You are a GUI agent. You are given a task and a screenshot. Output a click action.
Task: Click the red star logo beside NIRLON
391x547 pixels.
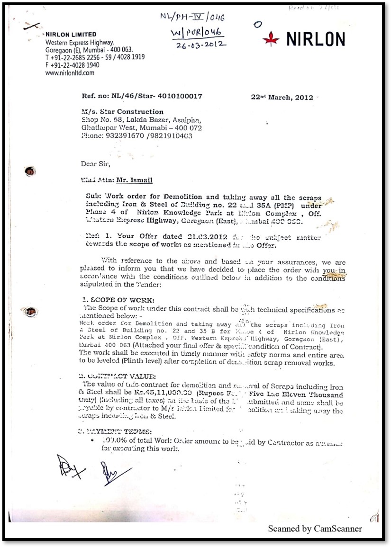271,39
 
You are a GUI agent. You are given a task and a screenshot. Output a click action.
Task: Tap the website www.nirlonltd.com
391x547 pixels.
70,73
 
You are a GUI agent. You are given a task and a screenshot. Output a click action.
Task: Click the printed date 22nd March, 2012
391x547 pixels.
282,98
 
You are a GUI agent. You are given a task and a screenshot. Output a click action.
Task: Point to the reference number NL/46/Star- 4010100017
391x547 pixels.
142,96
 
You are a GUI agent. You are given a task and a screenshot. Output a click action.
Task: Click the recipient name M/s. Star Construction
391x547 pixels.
122,112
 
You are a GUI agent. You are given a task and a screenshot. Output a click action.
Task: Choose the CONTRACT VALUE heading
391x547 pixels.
119,376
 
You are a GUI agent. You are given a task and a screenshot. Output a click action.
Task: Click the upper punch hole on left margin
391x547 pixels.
29,171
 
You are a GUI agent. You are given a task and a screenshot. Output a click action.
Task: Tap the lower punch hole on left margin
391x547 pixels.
31,312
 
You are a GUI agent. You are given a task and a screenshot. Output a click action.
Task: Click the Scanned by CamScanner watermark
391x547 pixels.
315,529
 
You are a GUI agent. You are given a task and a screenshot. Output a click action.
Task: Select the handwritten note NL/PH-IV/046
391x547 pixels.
192,18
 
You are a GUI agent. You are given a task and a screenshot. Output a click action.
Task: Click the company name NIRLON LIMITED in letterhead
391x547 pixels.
71,35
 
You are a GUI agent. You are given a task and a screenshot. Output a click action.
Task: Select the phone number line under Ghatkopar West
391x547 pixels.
136,135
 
